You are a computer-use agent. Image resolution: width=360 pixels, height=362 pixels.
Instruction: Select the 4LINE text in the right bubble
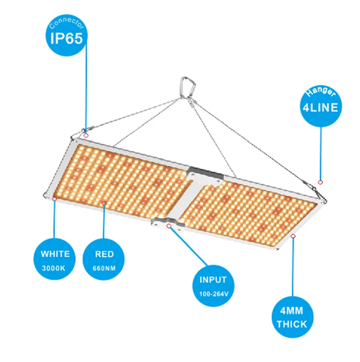coord(321,106)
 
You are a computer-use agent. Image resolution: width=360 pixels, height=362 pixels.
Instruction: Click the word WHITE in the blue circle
coord(55,254)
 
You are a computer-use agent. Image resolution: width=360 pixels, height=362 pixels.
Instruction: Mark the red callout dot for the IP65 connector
coord(86,135)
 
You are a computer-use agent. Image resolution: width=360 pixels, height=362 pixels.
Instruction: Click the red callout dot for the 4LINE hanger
coord(321,182)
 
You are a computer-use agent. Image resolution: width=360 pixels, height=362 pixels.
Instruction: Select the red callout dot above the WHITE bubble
coord(55,198)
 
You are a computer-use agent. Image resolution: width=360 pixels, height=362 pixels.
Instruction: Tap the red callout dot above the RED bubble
coord(104,203)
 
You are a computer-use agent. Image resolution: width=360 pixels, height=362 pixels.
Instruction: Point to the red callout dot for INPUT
coord(168,225)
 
